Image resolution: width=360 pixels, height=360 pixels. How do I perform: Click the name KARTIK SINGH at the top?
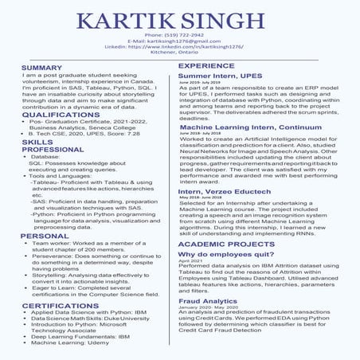(x=179, y=18)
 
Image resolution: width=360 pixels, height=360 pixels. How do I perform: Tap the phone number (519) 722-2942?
(x=179, y=36)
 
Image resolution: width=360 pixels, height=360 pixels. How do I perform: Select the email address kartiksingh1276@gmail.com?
(x=179, y=41)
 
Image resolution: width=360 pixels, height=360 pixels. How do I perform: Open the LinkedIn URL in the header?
(x=179, y=48)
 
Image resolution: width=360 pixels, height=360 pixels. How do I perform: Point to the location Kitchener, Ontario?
(x=179, y=53)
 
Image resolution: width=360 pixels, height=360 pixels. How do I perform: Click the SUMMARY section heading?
(x=41, y=68)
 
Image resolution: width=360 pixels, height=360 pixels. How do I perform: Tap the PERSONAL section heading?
(x=45, y=237)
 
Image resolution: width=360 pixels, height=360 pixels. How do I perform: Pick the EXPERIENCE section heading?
(x=205, y=66)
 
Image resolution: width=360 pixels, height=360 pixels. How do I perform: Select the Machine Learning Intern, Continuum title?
(x=250, y=127)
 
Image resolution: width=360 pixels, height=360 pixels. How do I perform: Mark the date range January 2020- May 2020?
(x=210, y=308)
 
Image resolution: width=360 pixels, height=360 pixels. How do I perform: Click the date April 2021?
(x=190, y=261)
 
